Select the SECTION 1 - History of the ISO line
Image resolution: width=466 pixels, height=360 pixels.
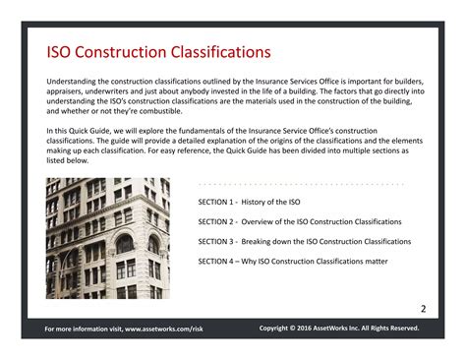click(x=251, y=202)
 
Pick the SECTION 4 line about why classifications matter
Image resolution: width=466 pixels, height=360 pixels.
click(x=293, y=262)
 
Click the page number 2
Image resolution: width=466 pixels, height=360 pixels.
click(x=424, y=309)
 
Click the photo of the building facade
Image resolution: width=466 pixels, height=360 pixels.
click(x=107, y=237)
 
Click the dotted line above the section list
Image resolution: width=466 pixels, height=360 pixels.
click(x=301, y=184)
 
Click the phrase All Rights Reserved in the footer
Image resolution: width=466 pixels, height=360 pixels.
click(x=397, y=328)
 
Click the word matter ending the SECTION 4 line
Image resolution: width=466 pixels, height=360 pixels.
click(x=376, y=262)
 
